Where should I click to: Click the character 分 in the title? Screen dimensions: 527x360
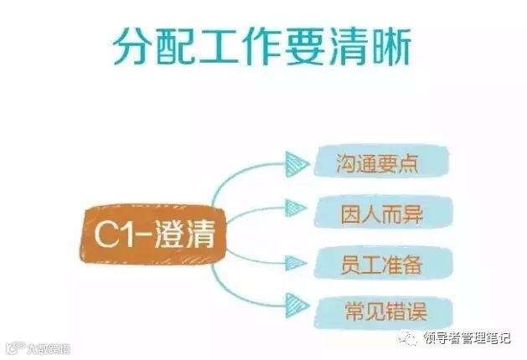coord(134,48)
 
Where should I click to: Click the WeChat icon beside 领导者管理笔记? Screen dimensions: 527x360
coord(406,338)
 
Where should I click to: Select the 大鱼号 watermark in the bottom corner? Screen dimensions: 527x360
coord(38,347)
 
